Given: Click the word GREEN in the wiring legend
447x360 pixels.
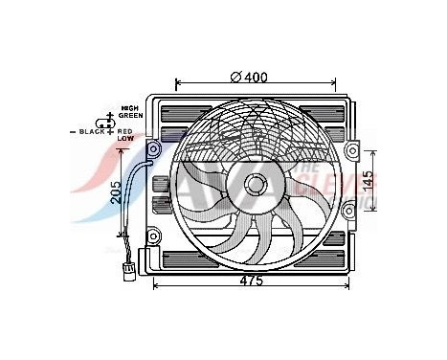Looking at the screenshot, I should click(x=130, y=118).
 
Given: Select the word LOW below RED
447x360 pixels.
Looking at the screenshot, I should click(x=124, y=138).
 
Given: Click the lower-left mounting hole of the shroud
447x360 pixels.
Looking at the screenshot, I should click(x=153, y=233).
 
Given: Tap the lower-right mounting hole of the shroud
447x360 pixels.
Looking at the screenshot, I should click(x=353, y=233).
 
